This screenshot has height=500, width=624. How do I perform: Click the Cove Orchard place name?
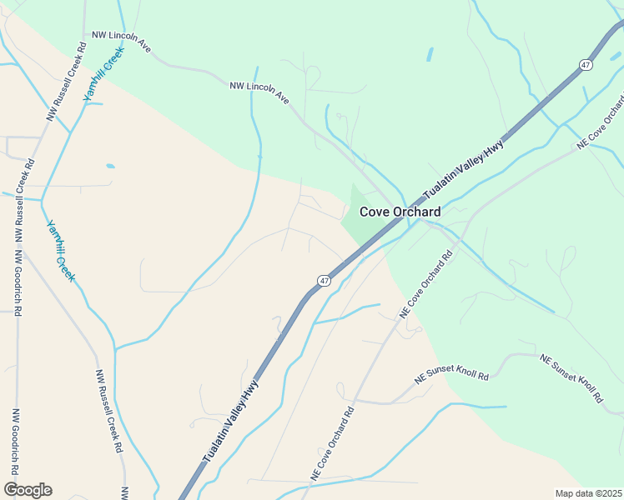point(400,212)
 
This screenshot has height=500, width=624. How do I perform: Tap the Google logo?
point(28,490)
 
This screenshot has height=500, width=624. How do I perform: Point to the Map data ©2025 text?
point(589,493)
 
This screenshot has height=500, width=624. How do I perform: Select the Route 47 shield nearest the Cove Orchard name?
point(325,281)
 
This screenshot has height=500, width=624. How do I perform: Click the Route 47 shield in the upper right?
point(586,64)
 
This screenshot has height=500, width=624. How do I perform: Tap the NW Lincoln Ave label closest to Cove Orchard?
point(259,92)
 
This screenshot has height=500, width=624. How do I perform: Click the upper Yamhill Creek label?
point(103,74)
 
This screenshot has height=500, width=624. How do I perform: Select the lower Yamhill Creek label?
point(60,250)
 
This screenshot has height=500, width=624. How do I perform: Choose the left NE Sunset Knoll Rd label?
point(451,371)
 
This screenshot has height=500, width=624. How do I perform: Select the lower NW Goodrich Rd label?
point(15,442)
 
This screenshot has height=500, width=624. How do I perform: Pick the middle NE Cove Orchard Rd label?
point(425,284)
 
